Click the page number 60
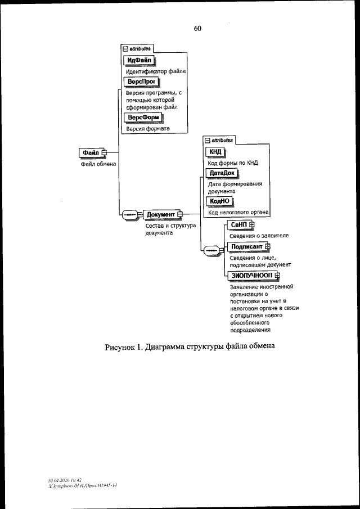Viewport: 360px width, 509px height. [197, 29]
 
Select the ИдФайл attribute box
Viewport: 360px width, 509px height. [138, 61]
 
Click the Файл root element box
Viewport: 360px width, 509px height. [91, 152]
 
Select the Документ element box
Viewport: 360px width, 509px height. [161, 214]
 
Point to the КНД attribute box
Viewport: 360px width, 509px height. [215, 152]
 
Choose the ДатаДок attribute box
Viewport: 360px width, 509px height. [222, 173]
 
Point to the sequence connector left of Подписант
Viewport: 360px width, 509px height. [211, 249]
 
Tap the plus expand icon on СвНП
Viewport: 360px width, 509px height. [251, 225]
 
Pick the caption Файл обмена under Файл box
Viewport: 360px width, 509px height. [97, 164]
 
